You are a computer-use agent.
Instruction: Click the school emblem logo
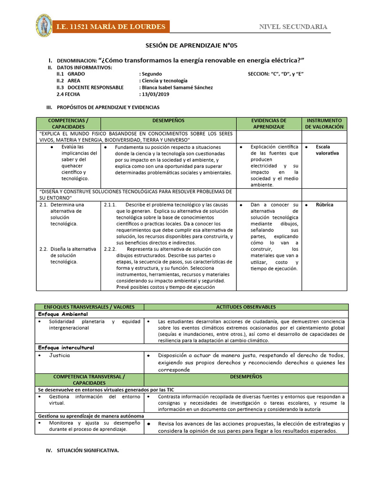44,27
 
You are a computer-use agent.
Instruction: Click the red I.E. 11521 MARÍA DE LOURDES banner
111,27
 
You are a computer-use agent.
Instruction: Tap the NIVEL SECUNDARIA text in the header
293,27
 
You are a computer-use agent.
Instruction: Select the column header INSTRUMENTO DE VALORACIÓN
324,124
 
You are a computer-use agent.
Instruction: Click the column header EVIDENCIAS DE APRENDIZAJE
269,124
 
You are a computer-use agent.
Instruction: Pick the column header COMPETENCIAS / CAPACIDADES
68,124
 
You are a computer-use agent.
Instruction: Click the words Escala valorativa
327,150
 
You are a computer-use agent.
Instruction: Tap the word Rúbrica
324,205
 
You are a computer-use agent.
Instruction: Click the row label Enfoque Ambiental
63,314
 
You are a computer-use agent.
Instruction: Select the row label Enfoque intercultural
66,348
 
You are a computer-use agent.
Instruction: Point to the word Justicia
60,355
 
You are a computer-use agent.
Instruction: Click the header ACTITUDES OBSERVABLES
245,307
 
